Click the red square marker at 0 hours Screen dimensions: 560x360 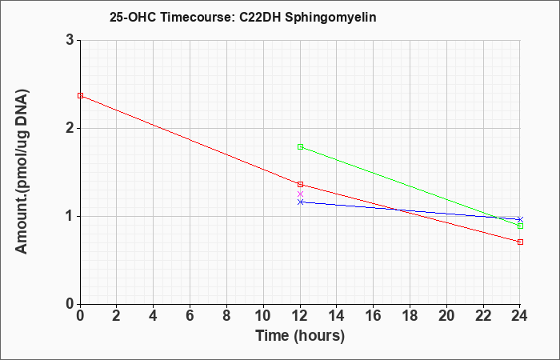pos(80,96)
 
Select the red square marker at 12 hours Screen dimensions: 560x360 pos(300,184)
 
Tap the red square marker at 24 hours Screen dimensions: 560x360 pos(520,242)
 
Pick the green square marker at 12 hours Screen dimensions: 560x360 pos(300,146)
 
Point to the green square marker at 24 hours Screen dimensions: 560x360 pos(520,226)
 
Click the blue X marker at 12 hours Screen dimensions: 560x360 pos(300,202)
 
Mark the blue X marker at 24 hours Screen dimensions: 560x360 pos(520,219)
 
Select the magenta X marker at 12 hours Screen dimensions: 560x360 pos(300,194)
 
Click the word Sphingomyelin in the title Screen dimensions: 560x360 pos(330,18)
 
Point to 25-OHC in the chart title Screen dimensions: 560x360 pos(133,17)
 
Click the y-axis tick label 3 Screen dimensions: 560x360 pos(70,40)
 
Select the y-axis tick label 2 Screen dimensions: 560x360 pos(70,128)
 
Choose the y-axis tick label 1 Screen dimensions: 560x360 pos(70,216)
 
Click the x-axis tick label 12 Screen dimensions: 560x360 pos(300,316)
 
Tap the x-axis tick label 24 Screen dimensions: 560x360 pos(520,316)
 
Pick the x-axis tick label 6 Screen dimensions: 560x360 pos(190,316)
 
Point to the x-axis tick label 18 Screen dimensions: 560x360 pos(410,316)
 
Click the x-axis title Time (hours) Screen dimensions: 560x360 pos(300,336)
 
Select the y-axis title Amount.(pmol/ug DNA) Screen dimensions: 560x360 pos(22,172)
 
